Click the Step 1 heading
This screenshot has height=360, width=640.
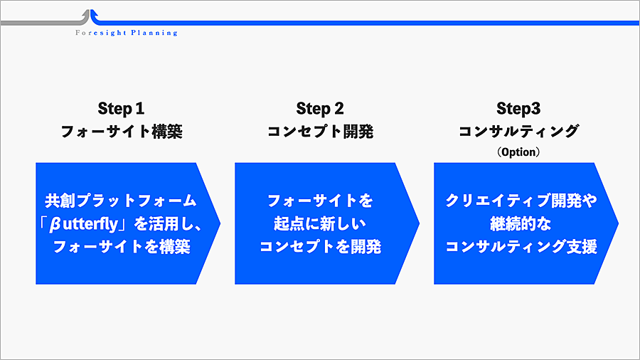[x=121, y=109]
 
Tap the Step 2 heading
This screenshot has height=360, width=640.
[x=320, y=109]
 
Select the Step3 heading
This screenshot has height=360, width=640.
[x=518, y=109]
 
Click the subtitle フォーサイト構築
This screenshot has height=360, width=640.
[x=122, y=132]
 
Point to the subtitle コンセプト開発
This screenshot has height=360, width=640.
[x=321, y=132]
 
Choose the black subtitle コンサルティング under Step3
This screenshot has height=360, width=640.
[x=519, y=131]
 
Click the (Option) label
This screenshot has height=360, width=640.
[x=518, y=152]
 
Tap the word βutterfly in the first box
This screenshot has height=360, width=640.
[x=83, y=224]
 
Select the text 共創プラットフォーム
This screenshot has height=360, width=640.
[x=121, y=201]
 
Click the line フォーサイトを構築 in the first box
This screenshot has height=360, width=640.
[x=122, y=247]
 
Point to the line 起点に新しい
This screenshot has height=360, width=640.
[x=320, y=223]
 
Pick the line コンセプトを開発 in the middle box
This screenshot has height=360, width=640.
[x=321, y=247]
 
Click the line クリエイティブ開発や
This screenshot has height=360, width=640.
[x=521, y=201]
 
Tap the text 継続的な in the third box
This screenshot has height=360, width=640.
[x=521, y=223]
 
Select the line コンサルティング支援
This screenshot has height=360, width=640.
[x=521, y=247]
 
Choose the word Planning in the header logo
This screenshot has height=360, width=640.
[x=154, y=33]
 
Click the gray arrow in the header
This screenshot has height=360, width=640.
[x=45, y=19]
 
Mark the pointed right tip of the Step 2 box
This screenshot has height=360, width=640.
[x=420, y=223]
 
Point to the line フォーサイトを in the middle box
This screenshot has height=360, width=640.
[x=320, y=201]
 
